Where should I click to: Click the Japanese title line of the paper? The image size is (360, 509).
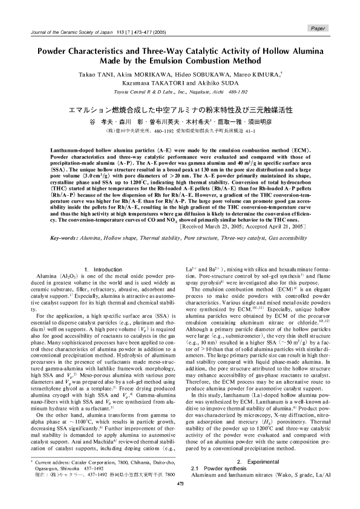(180, 109)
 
